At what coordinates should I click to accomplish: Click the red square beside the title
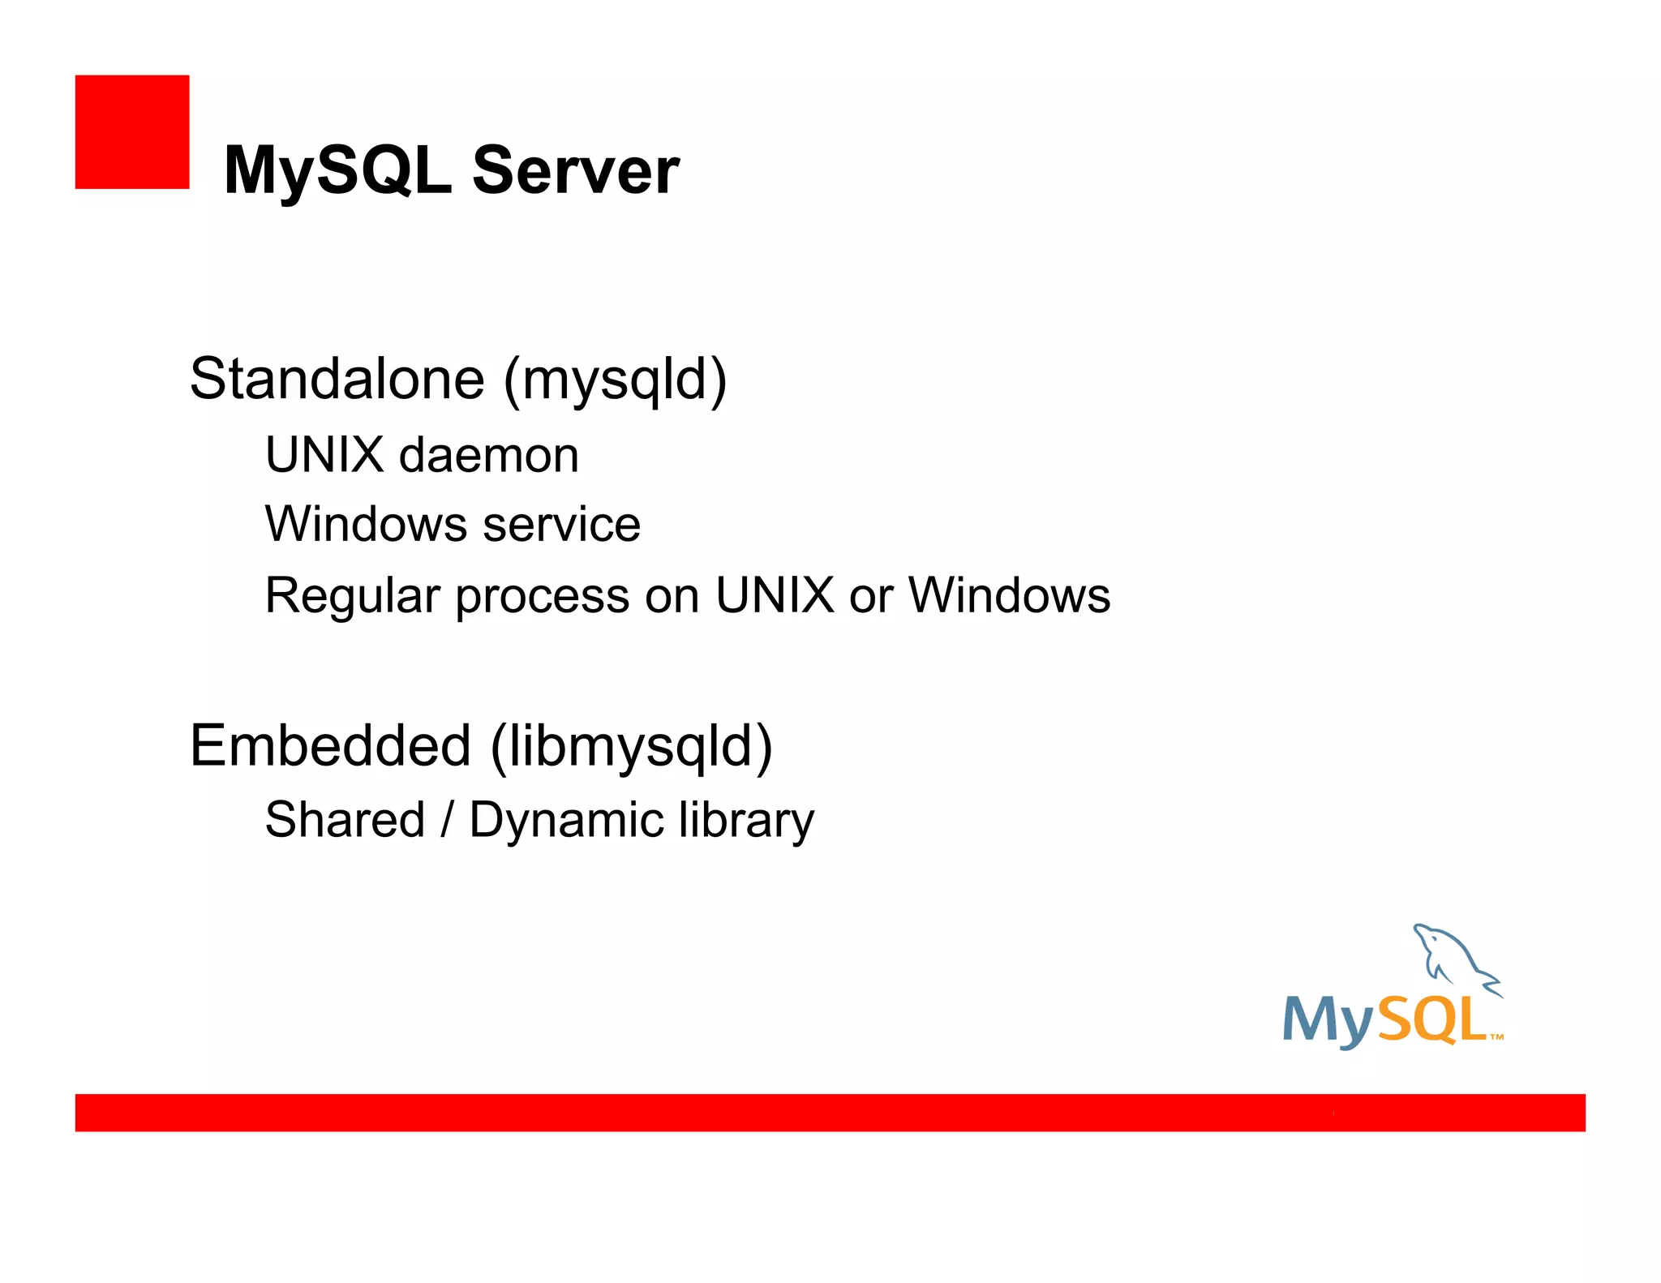[x=132, y=132]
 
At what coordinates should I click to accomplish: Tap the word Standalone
[x=337, y=379]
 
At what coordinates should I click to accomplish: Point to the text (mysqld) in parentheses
[x=615, y=380]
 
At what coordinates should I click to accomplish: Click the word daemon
[x=489, y=455]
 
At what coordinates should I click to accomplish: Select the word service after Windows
[x=561, y=525]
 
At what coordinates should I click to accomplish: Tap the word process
[x=543, y=597]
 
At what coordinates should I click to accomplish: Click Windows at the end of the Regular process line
[x=1009, y=595]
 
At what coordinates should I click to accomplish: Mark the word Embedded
[x=331, y=746]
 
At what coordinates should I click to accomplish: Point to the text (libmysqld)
[x=632, y=747]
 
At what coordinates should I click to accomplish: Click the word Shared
[x=346, y=820]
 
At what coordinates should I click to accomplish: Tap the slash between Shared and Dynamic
[x=447, y=820]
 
